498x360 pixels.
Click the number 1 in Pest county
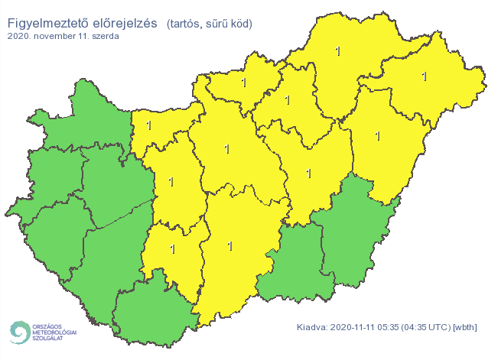(227, 148)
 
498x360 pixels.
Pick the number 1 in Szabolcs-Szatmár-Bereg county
(425, 76)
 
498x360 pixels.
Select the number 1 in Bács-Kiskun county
(230, 246)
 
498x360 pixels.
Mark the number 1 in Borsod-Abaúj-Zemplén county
(337, 52)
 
